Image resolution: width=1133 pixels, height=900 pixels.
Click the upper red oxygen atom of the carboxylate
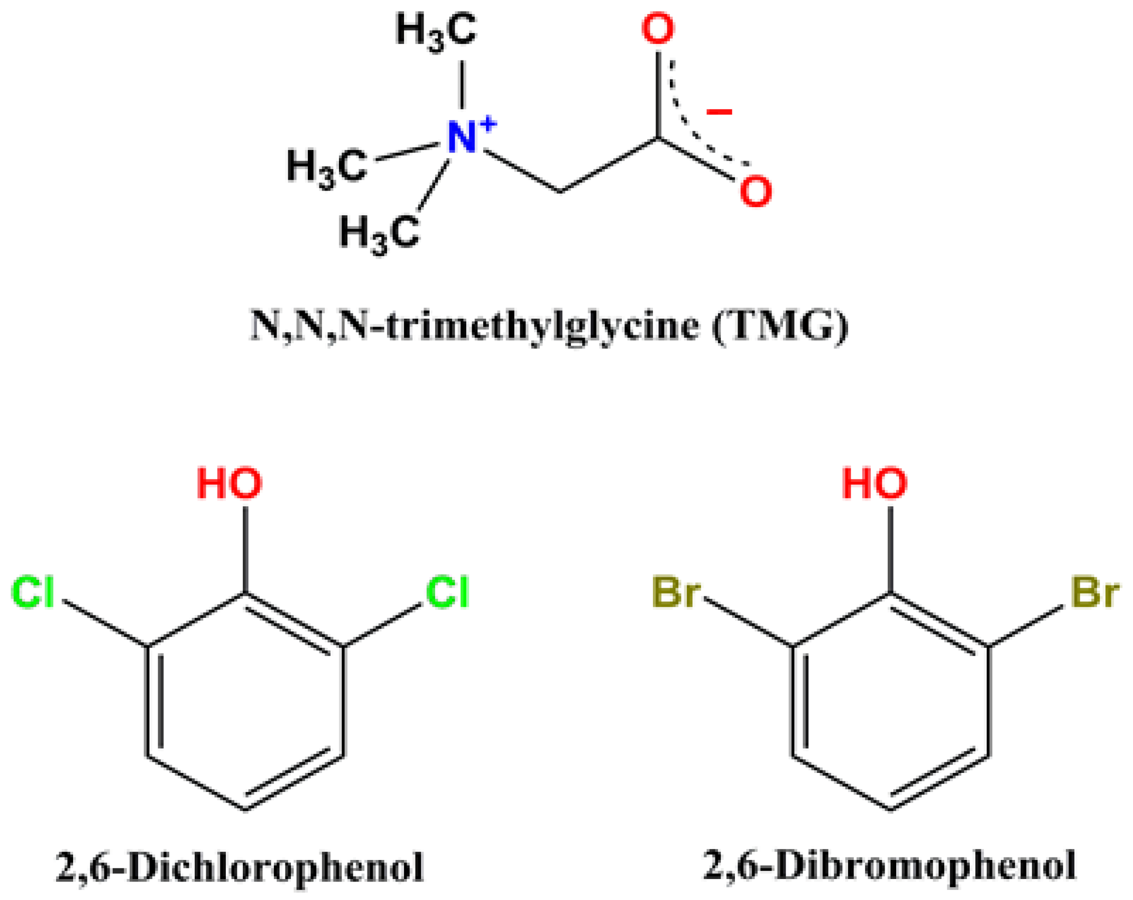(657, 30)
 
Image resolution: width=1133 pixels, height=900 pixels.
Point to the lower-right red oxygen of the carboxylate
(755, 192)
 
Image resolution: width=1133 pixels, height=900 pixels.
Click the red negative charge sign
(719, 112)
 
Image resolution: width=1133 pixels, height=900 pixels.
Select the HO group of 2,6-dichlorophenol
(230, 484)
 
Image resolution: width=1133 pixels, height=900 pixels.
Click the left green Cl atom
(33, 593)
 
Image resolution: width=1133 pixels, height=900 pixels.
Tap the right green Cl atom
(447, 593)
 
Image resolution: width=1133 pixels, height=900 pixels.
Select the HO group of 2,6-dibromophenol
(875, 484)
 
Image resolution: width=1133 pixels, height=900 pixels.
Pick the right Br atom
(1094, 593)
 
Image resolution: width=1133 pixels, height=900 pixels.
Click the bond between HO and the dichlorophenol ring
(245, 549)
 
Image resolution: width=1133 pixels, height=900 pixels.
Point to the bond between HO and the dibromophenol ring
(890, 549)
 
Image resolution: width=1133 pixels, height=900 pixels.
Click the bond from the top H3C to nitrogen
(463, 84)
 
